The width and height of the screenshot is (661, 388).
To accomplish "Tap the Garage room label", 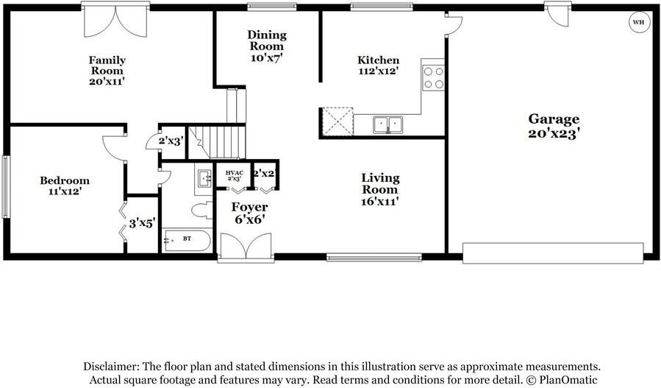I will click(x=554, y=119).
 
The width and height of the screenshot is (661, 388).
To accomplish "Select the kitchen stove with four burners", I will click(x=433, y=77).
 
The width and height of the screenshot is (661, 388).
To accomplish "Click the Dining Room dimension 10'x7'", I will click(x=266, y=57).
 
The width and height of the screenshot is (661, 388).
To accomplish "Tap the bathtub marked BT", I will click(x=186, y=241).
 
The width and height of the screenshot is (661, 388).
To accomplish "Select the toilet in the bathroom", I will click(x=200, y=211).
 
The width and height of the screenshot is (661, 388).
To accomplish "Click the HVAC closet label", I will click(x=233, y=174).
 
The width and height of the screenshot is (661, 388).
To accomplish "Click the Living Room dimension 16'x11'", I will click(x=380, y=201).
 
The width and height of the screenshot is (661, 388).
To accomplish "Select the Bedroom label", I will click(x=65, y=180).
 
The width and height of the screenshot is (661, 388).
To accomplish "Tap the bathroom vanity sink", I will click(x=204, y=177).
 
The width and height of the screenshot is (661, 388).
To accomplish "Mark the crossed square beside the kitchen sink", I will click(x=337, y=121).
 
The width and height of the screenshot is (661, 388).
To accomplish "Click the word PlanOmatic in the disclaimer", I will click(x=562, y=379).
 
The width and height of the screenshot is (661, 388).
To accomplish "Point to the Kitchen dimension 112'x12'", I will click(x=378, y=72).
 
